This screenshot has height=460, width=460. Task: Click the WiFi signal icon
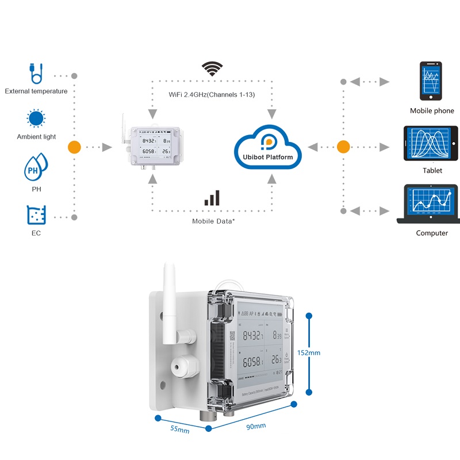pos(212,69)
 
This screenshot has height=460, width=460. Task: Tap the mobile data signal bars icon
pos(212,198)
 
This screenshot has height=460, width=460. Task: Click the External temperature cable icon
pos(36,74)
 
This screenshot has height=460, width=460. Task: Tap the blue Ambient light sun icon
pos(36,118)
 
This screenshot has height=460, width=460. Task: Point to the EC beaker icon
pos(36,214)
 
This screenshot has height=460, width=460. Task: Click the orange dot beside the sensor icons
pos(74,147)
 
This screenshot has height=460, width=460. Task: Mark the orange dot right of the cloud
pos(343,147)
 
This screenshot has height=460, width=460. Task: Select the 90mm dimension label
pos(256,426)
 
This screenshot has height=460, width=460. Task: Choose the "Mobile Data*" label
pos(212,221)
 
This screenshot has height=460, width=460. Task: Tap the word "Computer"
pos(432,233)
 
